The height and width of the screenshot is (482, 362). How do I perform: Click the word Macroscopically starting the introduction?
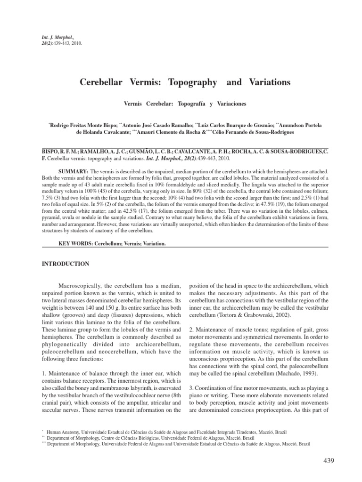coord(80,286)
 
